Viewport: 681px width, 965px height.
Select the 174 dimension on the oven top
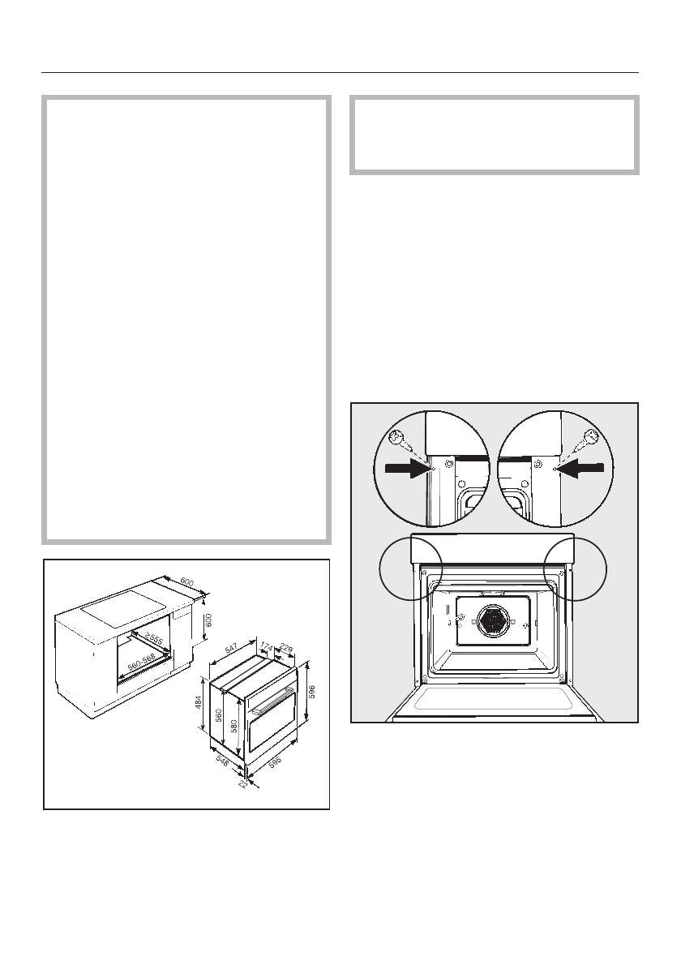tap(266, 646)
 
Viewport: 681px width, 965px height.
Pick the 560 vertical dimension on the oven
tap(218, 716)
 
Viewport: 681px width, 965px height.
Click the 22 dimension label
tap(242, 784)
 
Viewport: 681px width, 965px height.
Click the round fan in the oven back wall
tap(490, 622)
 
